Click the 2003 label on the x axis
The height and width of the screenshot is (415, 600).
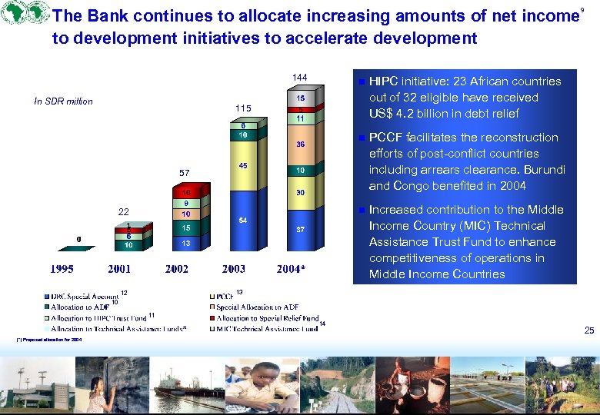pyautogui.click(x=234, y=268)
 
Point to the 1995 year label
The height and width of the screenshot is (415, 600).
pyautogui.click(x=63, y=268)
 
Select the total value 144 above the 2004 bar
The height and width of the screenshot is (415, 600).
pyautogui.click(x=300, y=78)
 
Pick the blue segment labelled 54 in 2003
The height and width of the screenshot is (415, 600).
pyautogui.click(x=242, y=220)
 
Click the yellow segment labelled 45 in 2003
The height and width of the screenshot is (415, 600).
pyautogui.click(x=242, y=165)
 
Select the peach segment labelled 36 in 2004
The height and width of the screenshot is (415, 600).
pyautogui.click(x=301, y=144)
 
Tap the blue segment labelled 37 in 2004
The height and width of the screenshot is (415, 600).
pyautogui.click(x=301, y=229)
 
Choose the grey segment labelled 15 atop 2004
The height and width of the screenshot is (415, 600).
pyautogui.click(x=301, y=98)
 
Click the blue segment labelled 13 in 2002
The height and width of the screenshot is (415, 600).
pyautogui.click(x=186, y=243)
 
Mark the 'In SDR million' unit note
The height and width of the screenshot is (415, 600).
pyautogui.click(x=64, y=101)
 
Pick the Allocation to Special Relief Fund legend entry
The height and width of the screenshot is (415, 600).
pyautogui.click(x=266, y=317)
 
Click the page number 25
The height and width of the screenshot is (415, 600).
pyautogui.click(x=588, y=330)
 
